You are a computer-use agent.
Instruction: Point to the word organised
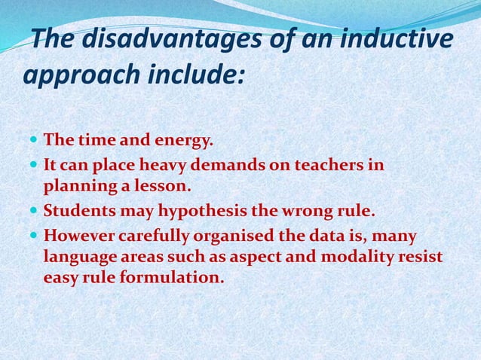tap(237, 236)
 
